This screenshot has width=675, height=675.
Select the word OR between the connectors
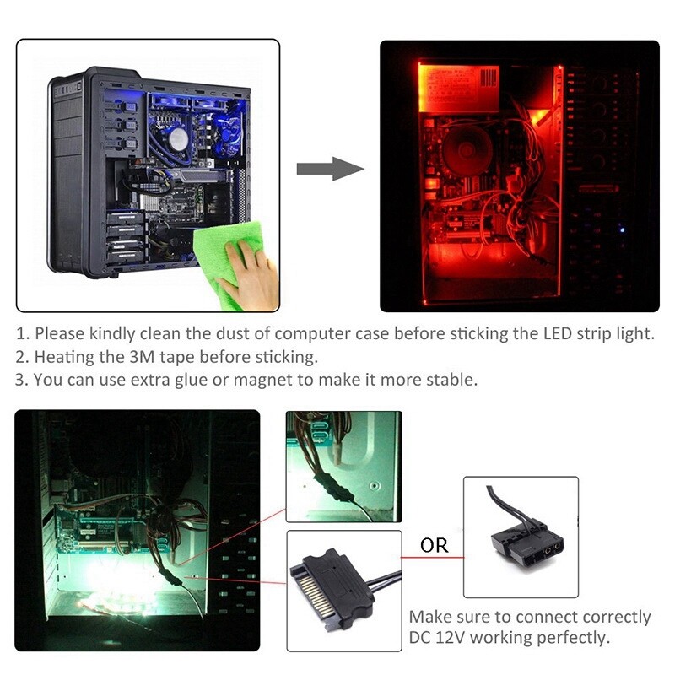tap(434, 546)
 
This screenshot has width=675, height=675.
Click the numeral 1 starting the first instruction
tap(20, 333)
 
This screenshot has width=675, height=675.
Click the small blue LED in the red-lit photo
tap(621, 228)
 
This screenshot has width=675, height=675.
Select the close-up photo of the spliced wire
tap(342, 466)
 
